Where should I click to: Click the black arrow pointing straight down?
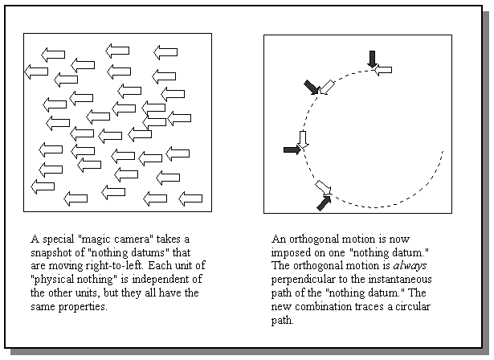pos(372,59)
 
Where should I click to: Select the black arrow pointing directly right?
pos(292,149)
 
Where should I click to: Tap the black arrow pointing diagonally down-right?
pos(311,86)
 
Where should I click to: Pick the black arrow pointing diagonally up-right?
pos(324,203)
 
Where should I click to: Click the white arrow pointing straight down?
pos(303,139)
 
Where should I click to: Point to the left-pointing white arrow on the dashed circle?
pos(383,71)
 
